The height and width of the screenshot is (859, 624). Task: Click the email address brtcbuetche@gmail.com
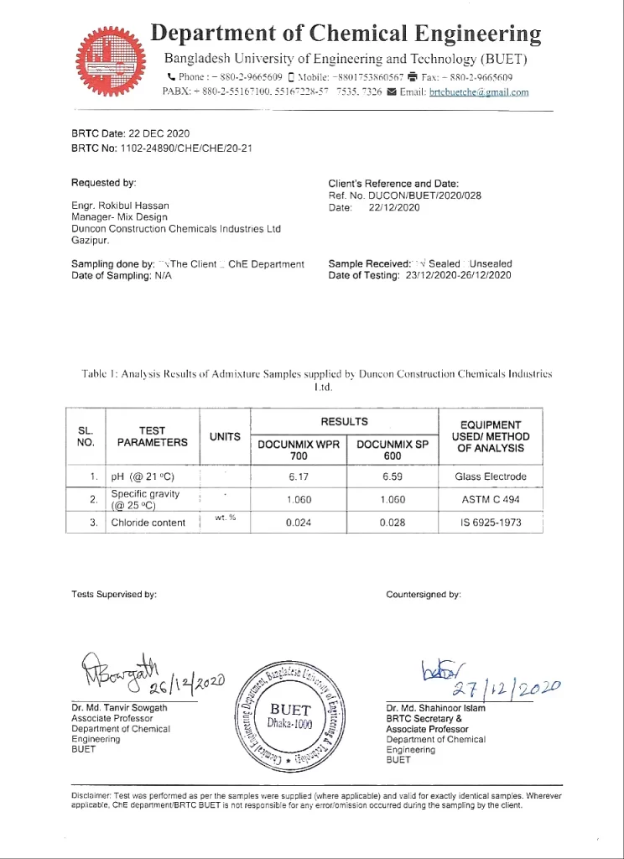[x=479, y=92]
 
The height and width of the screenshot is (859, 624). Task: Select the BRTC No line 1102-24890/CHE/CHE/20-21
[x=162, y=148]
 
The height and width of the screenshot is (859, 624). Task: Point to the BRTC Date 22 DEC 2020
[x=131, y=133]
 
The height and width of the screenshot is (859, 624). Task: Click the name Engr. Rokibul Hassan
[x=120, y=206]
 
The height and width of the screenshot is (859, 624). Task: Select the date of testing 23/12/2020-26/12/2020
[x=458, y=275]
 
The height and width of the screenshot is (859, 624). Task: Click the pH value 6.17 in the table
[x=299, y=476]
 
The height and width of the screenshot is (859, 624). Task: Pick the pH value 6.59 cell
[x=393, y=476]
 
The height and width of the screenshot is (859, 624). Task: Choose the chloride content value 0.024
[x=299, y=523]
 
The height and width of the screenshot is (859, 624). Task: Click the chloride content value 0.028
[x=393, y=523]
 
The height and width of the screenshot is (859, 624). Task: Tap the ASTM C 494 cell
[x=491, y=500]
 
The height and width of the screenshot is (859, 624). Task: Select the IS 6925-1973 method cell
[x=491, y=523]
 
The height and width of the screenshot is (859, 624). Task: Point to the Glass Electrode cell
[x=491, y=476]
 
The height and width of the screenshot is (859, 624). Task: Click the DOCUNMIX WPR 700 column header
[x=299, y=450]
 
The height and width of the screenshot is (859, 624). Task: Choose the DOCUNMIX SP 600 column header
[x=393, y=450]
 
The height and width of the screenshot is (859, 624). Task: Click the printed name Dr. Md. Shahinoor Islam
[x=435, y=708]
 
